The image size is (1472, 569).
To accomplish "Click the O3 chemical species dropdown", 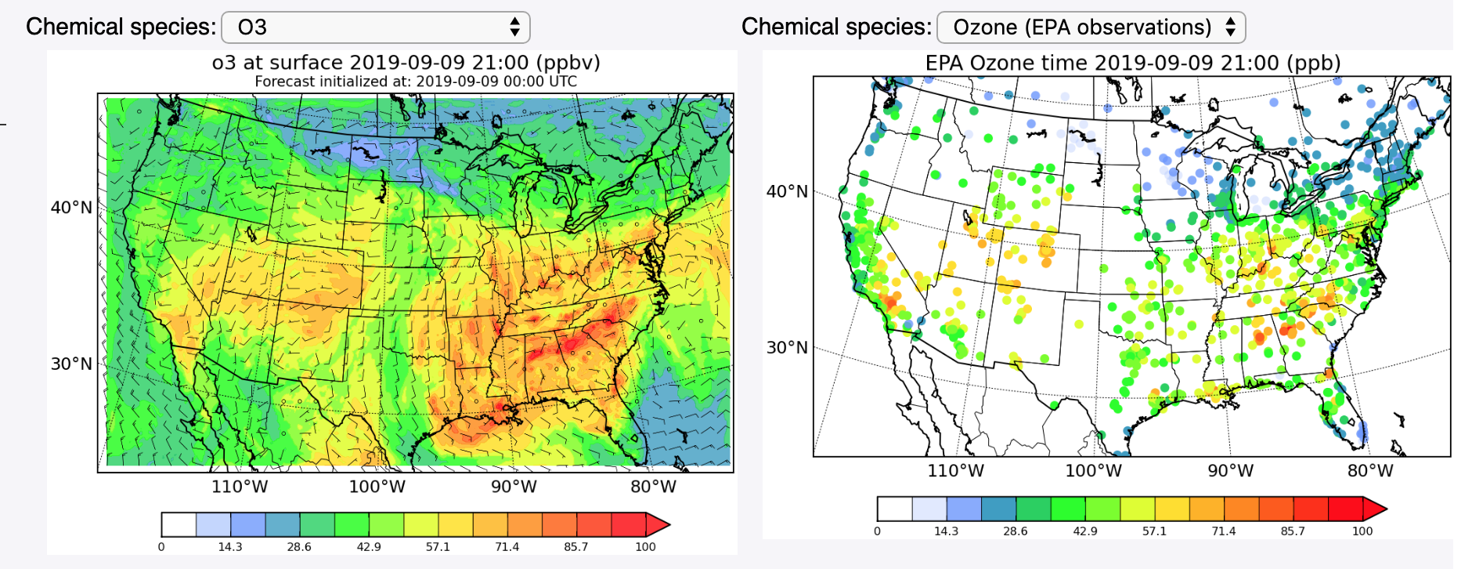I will pos(376,27).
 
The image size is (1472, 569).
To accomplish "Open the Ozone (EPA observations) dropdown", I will pos(1091,27).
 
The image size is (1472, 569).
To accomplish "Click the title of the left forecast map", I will pos(406,63).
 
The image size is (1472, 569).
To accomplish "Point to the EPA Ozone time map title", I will pos(1132,63).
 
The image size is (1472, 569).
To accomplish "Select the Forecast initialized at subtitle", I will pos(416,82).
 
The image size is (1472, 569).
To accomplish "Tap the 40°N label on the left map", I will pos(71,208).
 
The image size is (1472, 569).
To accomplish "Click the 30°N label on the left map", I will pos(71,364).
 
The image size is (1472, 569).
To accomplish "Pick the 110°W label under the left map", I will pos(240,487).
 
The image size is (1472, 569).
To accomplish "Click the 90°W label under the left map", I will pos(514,487).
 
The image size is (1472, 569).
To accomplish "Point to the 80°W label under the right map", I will pos(1370,471).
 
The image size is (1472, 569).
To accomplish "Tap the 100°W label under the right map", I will pos(1093,471).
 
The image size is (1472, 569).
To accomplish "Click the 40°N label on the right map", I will pos(787,191).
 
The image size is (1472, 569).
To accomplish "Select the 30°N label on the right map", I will pos(787,347).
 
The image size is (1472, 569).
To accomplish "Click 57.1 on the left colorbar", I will pos(438,547).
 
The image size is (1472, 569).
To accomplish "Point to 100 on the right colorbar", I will pos(1362,531).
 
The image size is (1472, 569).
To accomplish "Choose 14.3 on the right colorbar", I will pos(946,531).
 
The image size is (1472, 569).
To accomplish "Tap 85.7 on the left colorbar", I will pos(575,547).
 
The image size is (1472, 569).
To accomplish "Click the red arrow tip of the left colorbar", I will pos(659,524).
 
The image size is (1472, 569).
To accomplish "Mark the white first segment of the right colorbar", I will pos(894,509).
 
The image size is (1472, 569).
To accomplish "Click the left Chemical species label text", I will pos(121,27).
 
